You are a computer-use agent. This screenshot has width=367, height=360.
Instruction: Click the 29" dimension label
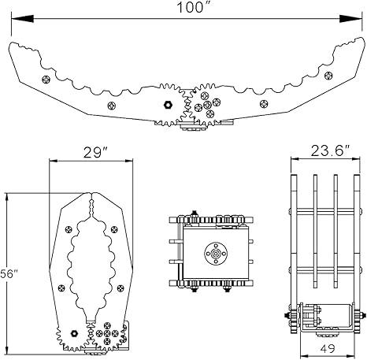point(96,153)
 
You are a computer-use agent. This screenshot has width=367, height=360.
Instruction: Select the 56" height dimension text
point(9,273)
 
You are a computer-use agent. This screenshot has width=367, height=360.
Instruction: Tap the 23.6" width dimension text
point(330,151)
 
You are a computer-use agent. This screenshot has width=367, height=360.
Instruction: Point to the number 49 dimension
point(328,348)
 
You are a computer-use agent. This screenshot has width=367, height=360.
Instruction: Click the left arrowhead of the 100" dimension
point(22,19)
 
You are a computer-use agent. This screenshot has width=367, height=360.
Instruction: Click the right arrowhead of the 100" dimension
point(350,19)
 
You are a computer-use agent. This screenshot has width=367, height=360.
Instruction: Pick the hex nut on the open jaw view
point(168,105)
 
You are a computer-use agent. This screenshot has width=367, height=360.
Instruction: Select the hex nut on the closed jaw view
point(75,333)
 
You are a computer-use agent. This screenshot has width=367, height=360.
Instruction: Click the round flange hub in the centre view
point(216,254)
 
